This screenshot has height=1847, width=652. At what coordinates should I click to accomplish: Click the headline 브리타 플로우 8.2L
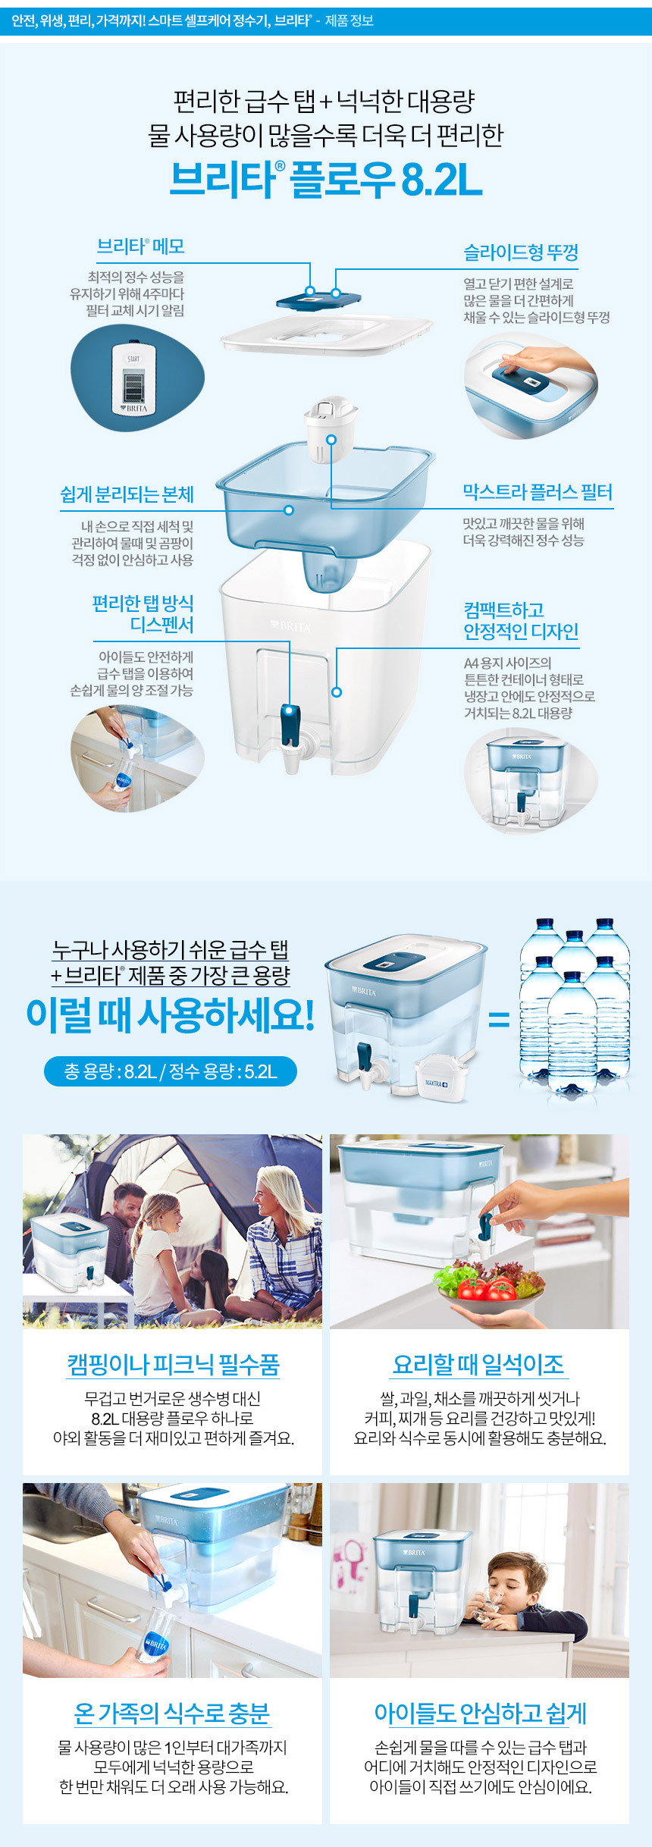coord(326,180)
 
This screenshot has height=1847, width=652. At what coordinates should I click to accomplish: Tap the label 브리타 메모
coord(141,246)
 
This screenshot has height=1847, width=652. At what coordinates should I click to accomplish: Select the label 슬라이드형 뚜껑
coord(521,252)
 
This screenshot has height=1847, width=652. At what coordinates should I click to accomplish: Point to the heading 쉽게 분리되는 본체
coord(127,494)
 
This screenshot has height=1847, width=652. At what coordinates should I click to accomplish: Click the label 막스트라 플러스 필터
coord(538,492)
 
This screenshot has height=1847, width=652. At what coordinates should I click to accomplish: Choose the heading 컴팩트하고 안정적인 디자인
coord(521,620)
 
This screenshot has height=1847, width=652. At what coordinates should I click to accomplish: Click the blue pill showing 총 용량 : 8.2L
coord(171,1071)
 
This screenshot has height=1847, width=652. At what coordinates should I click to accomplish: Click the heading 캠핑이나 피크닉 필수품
coord(173,1365)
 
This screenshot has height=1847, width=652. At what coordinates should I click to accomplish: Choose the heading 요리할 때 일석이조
coord(478,1365)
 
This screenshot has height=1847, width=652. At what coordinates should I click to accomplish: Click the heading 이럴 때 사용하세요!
coord(170,1014)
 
